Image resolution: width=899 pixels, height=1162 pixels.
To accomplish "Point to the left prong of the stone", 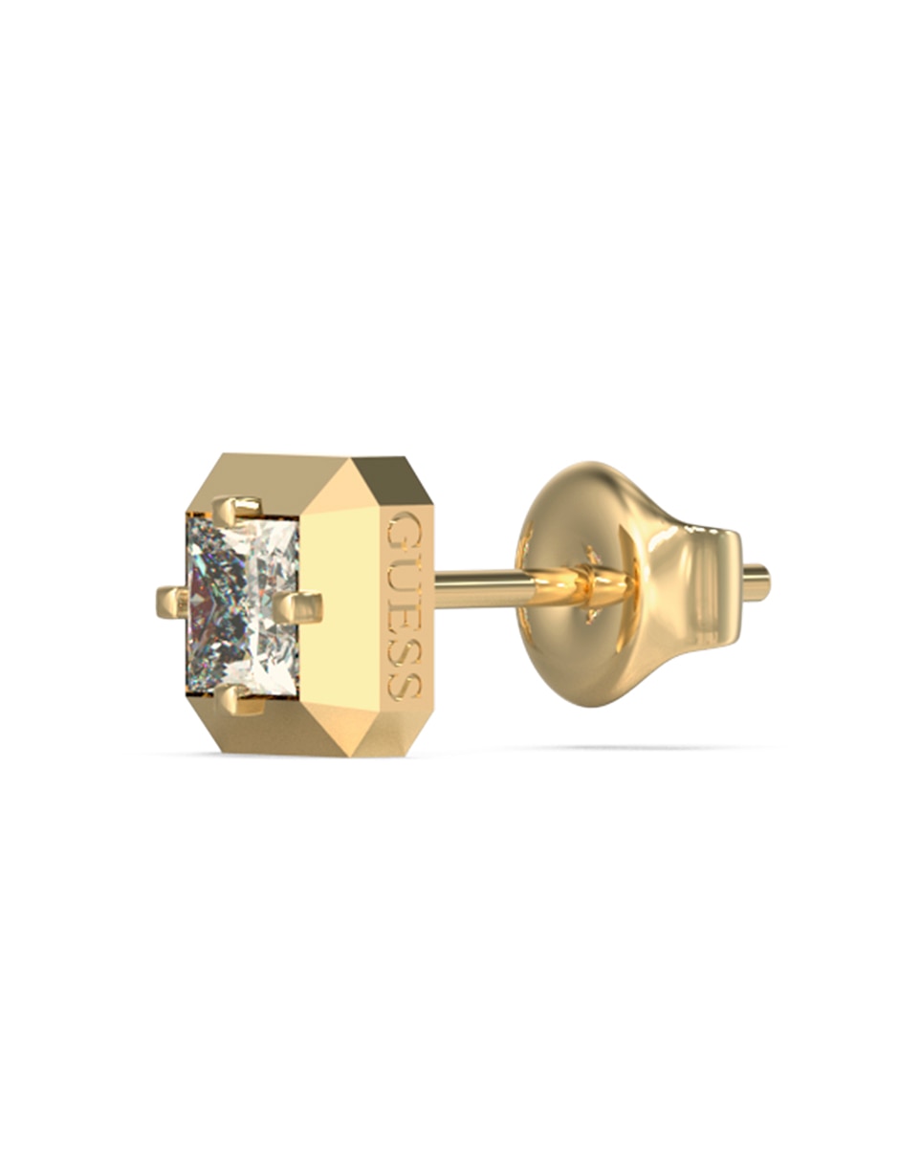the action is tap(173, 603).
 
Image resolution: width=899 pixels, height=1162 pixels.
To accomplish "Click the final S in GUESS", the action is tap(406, 678).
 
